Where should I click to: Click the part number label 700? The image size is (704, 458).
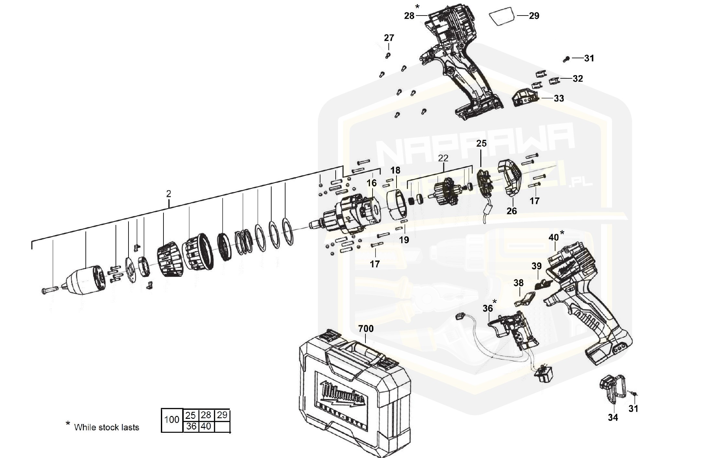366,329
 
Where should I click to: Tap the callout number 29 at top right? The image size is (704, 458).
534,16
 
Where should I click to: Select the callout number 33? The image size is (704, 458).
559,98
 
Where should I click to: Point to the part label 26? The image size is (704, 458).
512,211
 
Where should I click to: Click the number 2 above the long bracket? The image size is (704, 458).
168,194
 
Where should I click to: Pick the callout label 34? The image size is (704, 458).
613,418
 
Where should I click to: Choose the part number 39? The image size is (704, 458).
536,266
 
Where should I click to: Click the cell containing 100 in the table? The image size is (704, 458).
172,420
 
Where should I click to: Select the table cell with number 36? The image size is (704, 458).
191,426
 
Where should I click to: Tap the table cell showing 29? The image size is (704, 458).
222,415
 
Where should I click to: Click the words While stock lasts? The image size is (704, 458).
106,427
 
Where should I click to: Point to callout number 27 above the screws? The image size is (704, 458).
389,38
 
